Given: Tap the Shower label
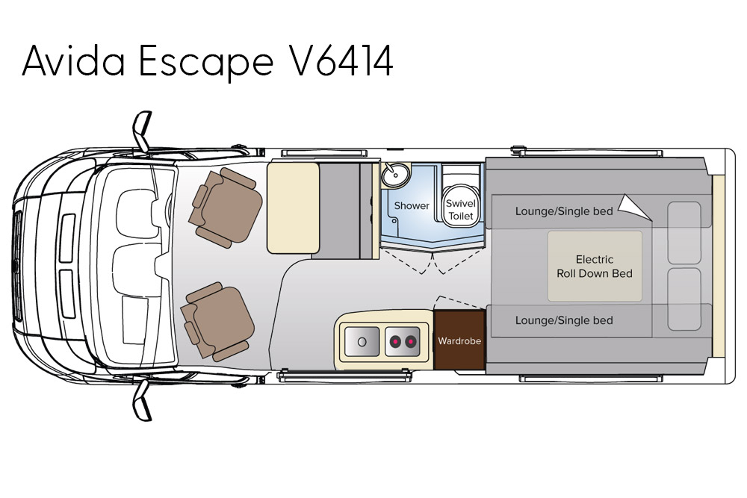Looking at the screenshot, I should pos(412,205).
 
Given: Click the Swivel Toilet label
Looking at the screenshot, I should pos(459,209).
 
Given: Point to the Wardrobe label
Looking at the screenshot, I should pos(459,341).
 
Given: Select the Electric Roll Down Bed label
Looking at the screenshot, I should pos(595,267).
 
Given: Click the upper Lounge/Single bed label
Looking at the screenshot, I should pos(564,211).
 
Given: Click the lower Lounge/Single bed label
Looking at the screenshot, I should pos(564,320).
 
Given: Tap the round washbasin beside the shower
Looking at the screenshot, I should pos(394,177).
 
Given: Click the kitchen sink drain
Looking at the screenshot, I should pos(362,341).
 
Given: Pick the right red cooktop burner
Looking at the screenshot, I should pos(410,342).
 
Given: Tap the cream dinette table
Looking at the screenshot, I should pos(293,208).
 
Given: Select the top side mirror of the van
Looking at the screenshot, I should pos(142,131).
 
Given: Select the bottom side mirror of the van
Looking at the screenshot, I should pos(142,399).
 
